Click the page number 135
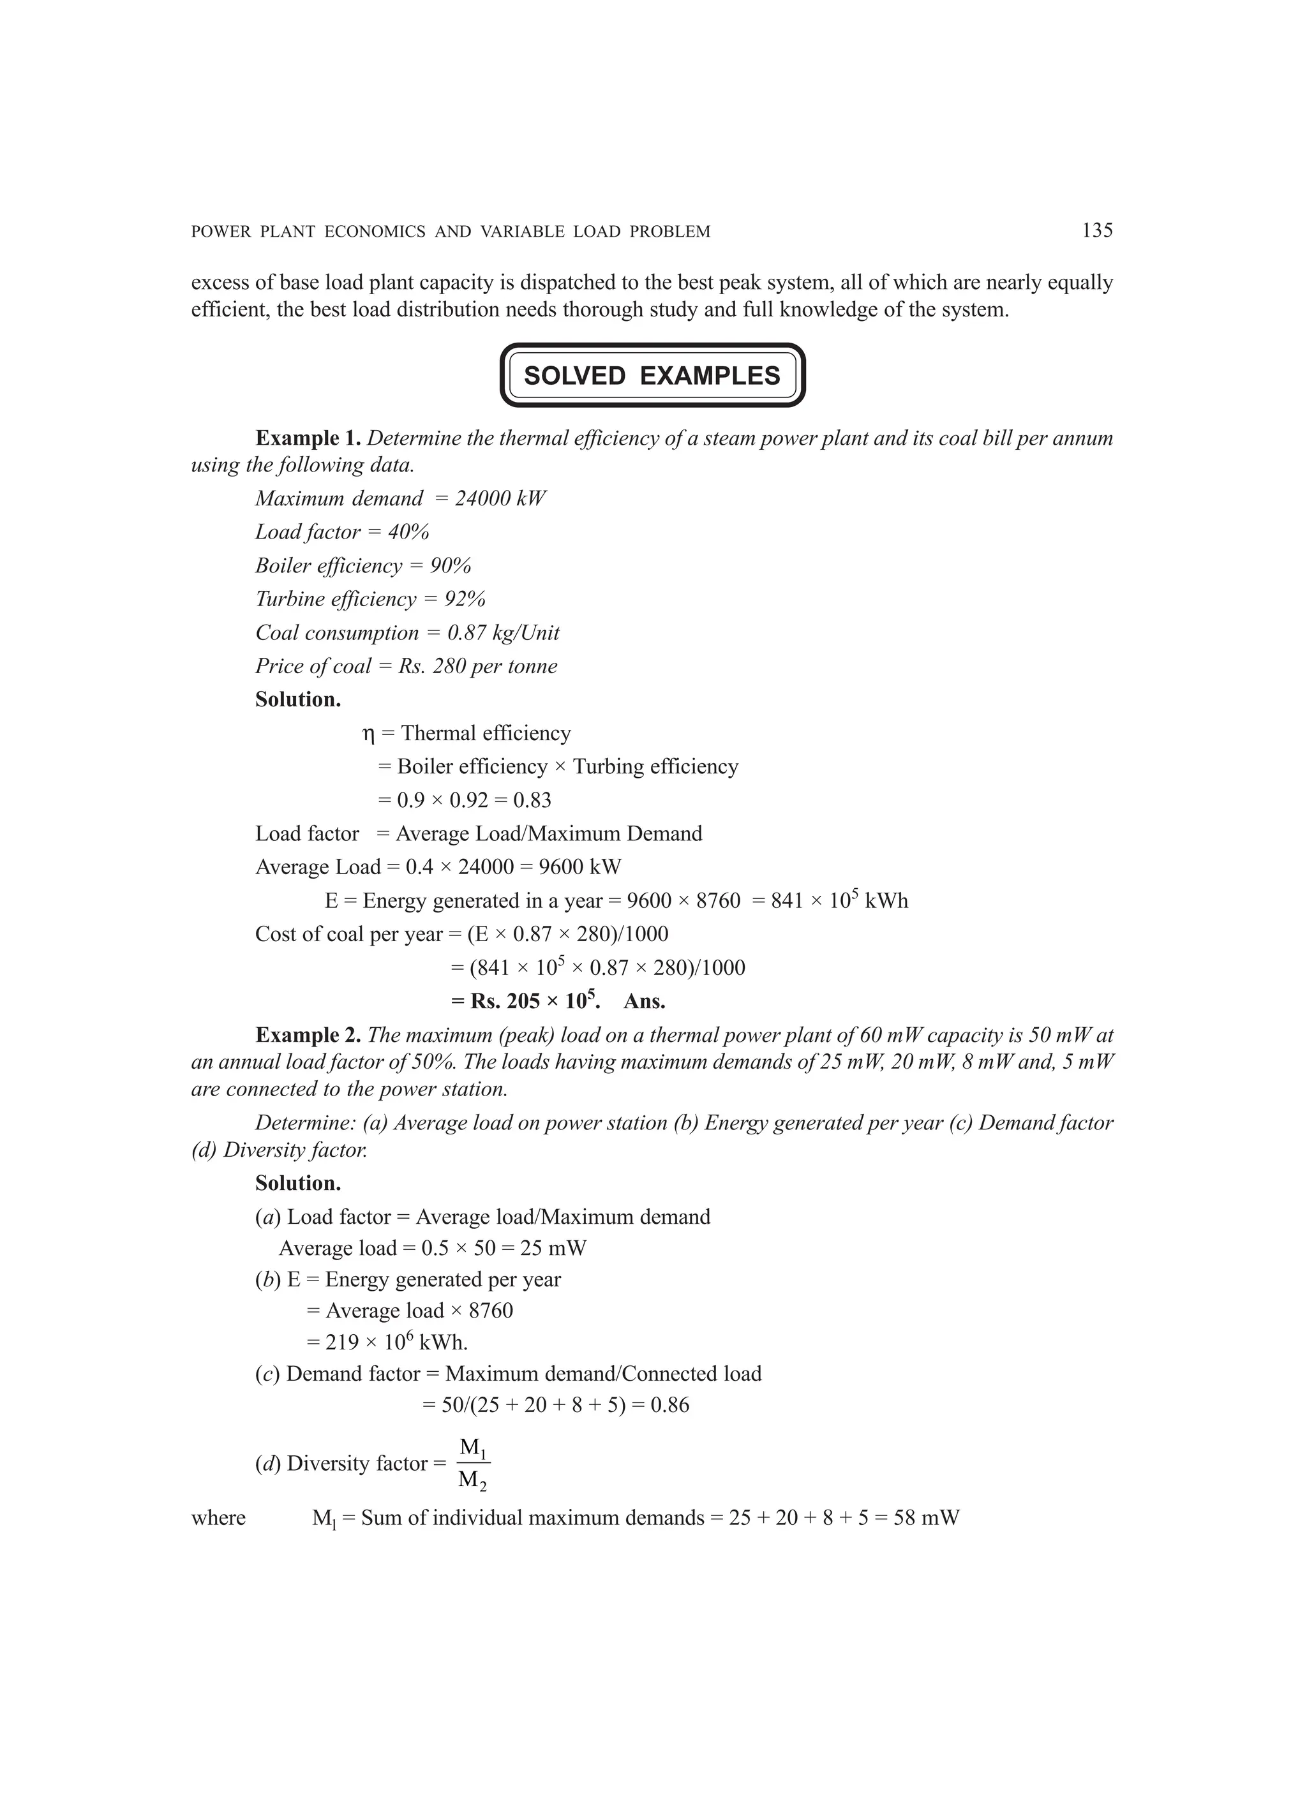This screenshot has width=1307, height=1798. pyautogui.click(x=1097, y=231)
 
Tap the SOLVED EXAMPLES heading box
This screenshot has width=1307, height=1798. pyautogui.click(x=652, y=375)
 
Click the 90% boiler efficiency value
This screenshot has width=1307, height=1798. pyautogui.click(x=451, y=565)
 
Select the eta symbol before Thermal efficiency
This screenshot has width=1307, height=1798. pyautogui.click(x=368, y=734)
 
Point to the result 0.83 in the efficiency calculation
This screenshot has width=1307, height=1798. pyautogui.click(x=532, y=800)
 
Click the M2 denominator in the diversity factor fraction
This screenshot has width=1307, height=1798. pyautogui.click(x=473, y=1480)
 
